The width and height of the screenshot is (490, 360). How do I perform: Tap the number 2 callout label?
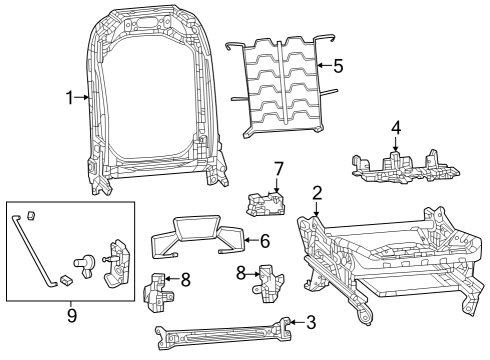pos(316,193)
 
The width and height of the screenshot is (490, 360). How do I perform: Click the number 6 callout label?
pos(265,241)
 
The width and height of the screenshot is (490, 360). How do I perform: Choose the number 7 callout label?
pos(279,168)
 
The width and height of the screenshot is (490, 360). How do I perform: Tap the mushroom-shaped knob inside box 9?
pos(89,263)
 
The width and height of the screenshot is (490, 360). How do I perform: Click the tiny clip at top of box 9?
pos(31,214)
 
